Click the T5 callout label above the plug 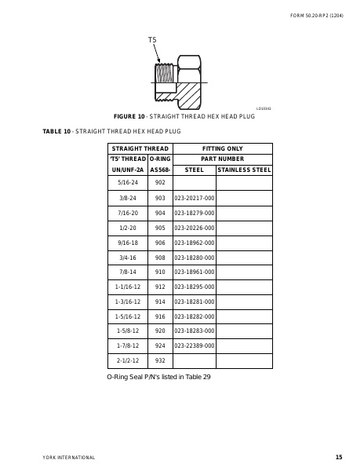(152, 39)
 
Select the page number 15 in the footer (338, 457)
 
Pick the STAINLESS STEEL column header (244, 169)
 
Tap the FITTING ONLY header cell (223, 148)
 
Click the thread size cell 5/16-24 (128, 182)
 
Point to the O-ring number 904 (160, 213)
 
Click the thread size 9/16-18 (128, 243)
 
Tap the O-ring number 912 (160, 287)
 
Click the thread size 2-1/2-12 (128, 360)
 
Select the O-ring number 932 (160, 360)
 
